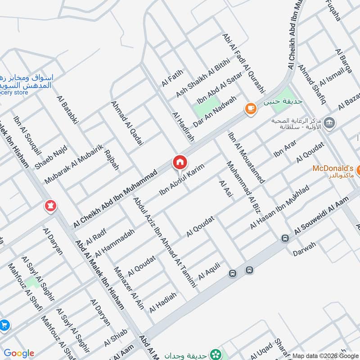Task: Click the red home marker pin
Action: click(x=179, y=162)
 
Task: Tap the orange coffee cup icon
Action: click(x=250, y=108)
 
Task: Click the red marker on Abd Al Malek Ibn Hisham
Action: click(x=50, y=207)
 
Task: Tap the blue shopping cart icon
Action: click(x=4, y=324)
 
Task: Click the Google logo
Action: click(x=19, y=353)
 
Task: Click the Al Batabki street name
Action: click(x=68, y=109)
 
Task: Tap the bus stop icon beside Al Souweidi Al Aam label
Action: click(x=284, y=238)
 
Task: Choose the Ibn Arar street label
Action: click(x=285, y=151)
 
